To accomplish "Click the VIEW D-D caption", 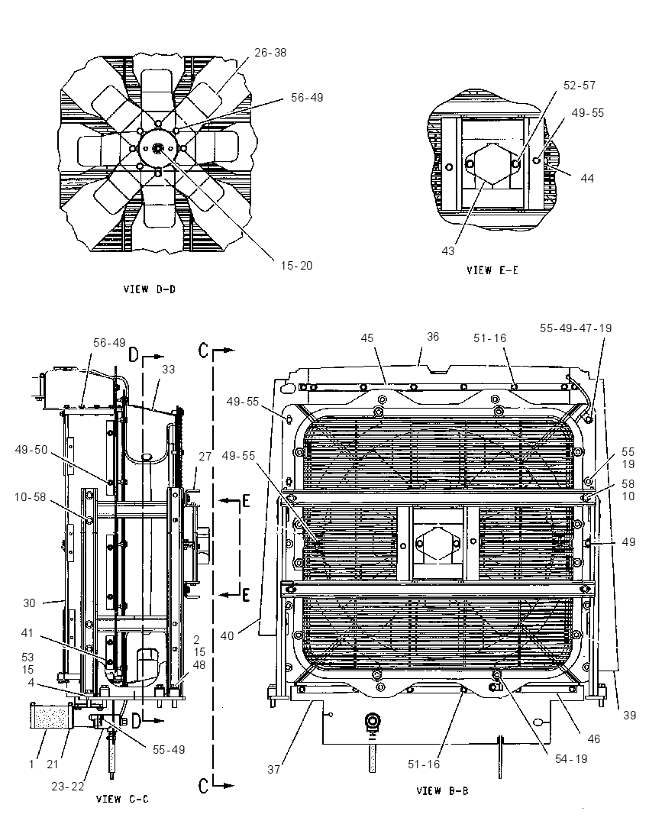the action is point(150,289).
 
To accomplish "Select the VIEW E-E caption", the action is point(492,270).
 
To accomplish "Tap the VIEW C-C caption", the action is point(122,799).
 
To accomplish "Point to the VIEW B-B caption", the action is point(442,790).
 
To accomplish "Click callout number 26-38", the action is point(270,52).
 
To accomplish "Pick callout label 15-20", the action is point(297,265).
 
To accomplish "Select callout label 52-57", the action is point(579,86).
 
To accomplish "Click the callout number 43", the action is point(447,251).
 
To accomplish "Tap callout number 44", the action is point(587,178).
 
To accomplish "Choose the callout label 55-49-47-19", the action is point(576,328).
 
